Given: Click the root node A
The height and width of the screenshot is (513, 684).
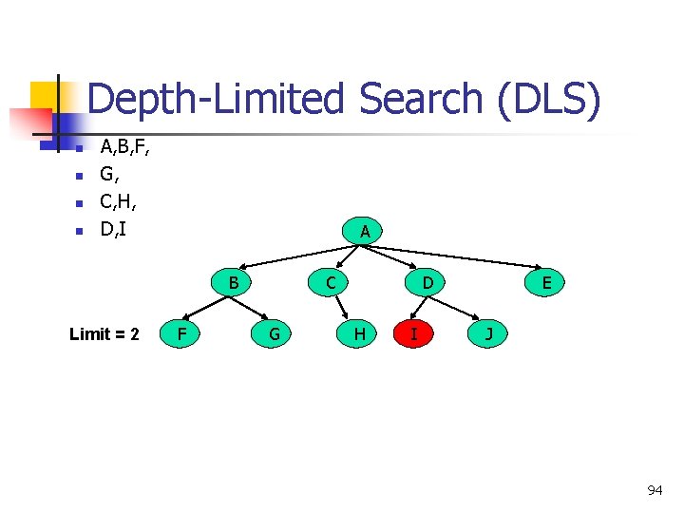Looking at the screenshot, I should coord(365,231).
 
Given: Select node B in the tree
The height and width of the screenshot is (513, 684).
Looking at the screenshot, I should coord(233,281).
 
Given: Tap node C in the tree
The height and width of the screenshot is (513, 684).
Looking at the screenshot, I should coord(330,281).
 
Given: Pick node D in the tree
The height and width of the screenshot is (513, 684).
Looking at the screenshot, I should coord(427,281).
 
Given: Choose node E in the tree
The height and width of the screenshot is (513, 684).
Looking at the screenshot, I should coord(546,281).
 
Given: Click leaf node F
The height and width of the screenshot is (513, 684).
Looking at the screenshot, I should coord(181,333).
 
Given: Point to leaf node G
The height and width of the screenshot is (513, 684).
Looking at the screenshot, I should coord(274,333).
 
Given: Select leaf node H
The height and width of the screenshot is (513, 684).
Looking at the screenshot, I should coord(359,333).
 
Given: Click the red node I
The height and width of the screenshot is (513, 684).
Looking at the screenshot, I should coord(412,333).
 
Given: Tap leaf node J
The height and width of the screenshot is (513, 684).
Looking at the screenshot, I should coord(488,333).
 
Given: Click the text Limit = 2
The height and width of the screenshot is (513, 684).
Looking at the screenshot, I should coord(104,333).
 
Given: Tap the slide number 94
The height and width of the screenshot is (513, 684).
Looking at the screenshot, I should coord(655,490).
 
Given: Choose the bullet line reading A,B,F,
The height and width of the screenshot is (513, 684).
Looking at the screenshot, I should coord(124,146).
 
